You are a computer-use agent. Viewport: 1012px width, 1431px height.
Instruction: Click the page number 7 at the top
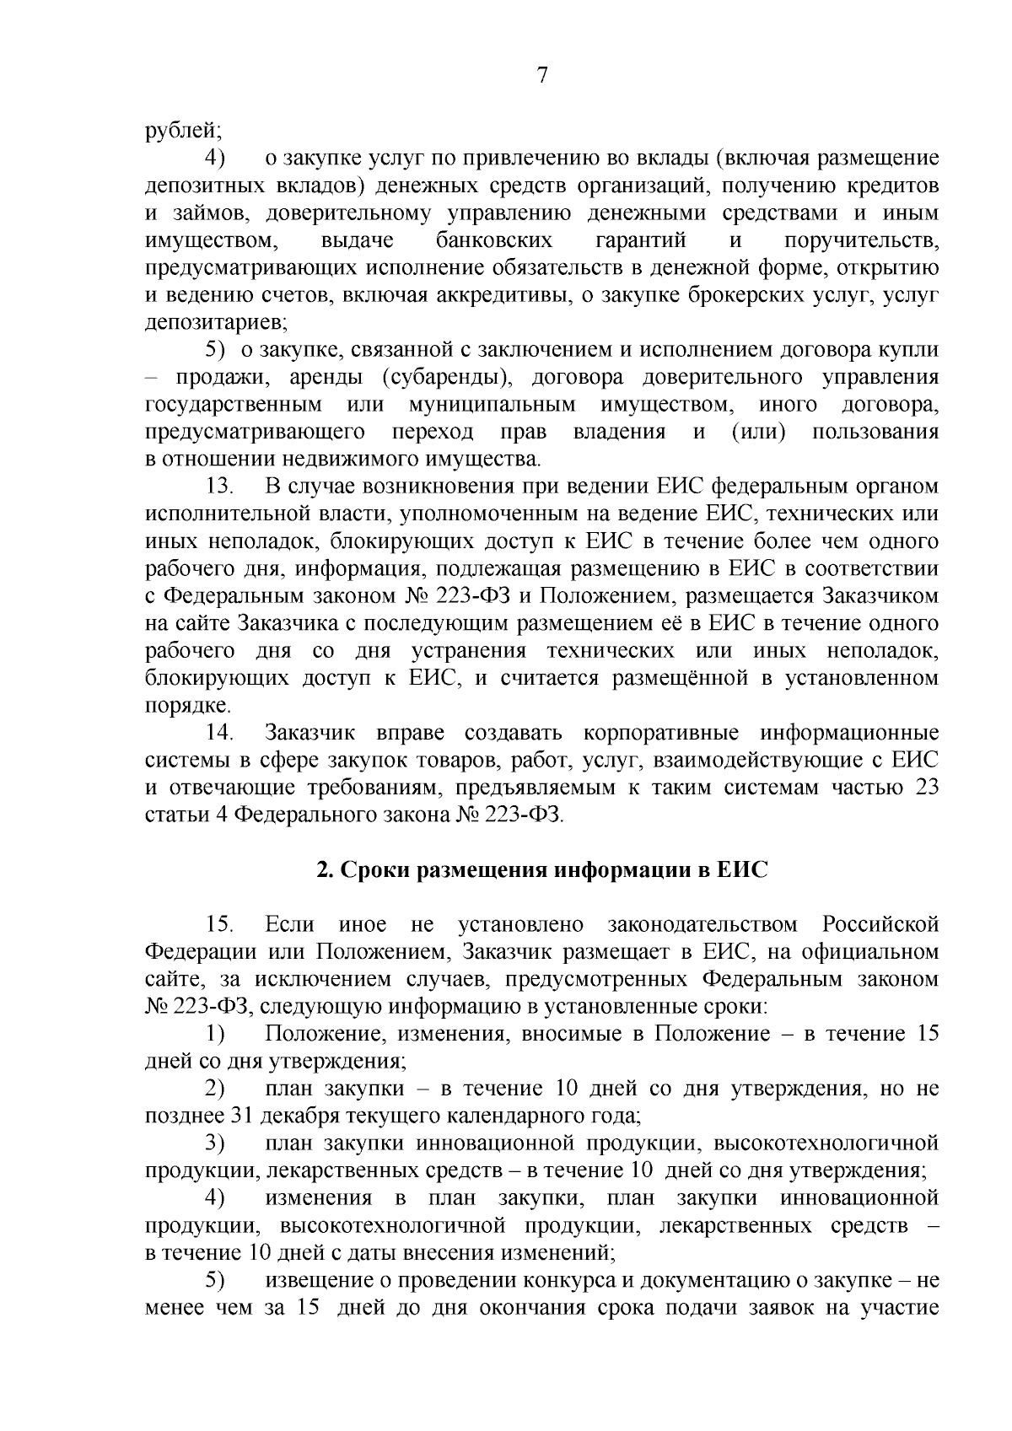coord(542,75)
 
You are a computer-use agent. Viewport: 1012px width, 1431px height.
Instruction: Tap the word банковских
coord(494,240)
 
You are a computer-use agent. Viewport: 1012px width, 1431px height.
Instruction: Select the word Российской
coord(880,925)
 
